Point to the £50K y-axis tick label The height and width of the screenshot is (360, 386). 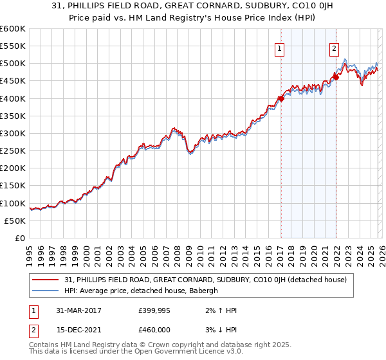tap(15, 221)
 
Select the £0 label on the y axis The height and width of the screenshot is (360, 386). tap(19, 238)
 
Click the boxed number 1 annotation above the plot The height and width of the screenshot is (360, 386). tap(280, 47)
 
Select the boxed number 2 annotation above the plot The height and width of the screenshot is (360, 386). tap(335, 47)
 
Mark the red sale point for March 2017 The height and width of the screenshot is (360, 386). tap(281, 98)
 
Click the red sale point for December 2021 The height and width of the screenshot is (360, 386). tap(336, 77)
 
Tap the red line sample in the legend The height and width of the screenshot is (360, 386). tap(46, 280)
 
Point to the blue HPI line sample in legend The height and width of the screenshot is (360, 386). tap(46, 291)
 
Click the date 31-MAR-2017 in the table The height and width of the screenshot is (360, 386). tap(74, 310)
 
